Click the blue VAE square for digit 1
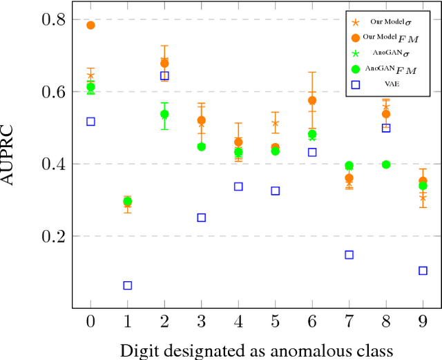pos(127,285)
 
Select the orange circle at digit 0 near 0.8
pos(90,26)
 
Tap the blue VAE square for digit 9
pos(423,270)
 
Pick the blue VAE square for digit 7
pos(349,255)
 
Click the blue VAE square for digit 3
pos(201,218)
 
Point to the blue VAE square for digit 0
pos(90,122)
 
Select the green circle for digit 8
pos(386,164)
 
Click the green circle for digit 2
pos(164,114)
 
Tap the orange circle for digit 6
pos(312,100)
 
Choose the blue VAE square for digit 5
pos(275,191)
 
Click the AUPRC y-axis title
pos(15,164)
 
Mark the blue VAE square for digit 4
pos(238,187)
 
